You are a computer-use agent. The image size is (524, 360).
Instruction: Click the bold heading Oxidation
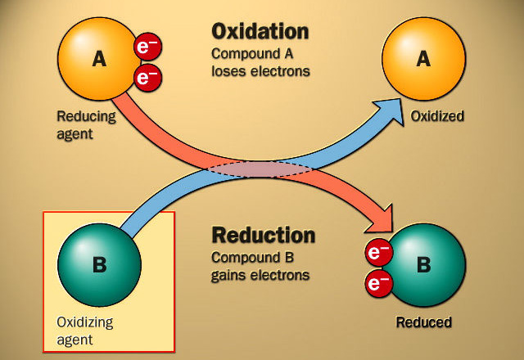(260, 32)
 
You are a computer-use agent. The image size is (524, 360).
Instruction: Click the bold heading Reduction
(263, 236)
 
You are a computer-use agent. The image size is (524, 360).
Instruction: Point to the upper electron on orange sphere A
(147, 48)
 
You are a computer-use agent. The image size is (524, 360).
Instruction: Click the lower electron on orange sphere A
(147, 79)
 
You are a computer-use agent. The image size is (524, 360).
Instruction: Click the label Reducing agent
(86, 124)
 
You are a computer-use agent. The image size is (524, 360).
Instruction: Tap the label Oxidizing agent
(87, 328)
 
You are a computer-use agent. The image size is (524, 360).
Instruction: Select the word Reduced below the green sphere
(423, 322)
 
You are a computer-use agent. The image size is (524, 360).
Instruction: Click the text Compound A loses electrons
(260, 62)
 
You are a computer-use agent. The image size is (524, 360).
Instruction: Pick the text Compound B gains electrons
(260, 267)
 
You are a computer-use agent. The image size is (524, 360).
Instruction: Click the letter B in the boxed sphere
(99, 265)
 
